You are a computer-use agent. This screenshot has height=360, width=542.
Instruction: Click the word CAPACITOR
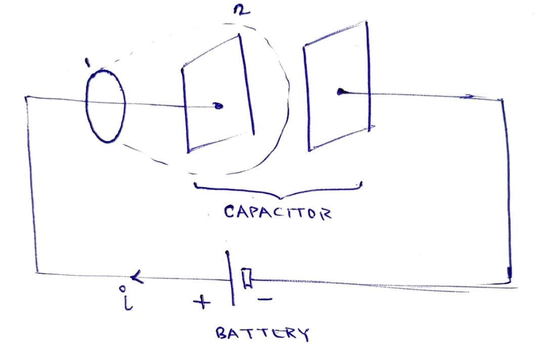[x=277, y=212]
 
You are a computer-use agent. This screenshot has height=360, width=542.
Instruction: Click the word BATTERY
[x=262, y=334]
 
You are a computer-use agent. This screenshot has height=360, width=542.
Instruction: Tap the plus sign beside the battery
[x=201, y=303]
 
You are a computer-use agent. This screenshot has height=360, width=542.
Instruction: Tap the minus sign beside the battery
[x=265, y=299]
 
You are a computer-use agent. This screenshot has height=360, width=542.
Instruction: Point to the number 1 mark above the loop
[x=88, y=62]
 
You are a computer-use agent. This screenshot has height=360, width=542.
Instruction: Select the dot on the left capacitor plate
[x=218, y=106]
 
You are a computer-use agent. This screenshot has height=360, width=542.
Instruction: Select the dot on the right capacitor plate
[x=341, y=92]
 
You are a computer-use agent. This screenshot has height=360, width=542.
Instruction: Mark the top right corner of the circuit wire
[x=502, y=100]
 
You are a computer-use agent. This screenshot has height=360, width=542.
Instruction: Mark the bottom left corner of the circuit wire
[x=37, y=272]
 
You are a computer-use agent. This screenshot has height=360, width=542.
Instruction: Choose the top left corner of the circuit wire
[x=26, y=97]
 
